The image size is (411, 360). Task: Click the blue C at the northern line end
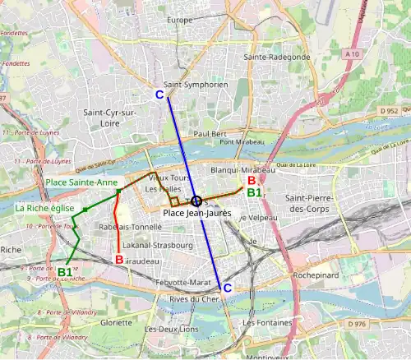[x=159, y=95]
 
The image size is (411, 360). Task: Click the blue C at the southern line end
[x=228, y=287]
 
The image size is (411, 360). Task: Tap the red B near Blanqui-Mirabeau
[x=251, y=181]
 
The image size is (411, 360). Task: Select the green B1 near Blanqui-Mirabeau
[x=254, y=192]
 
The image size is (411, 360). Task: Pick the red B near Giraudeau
[x=119, y=260]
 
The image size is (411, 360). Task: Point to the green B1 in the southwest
[x=65, y=271]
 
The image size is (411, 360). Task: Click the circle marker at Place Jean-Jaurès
[x=196, y=201]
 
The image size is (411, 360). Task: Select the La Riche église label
[x=44, y=209]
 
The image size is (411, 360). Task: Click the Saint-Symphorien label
[x=196, y=85]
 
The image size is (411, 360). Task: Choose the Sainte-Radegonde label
[x=276, y=57]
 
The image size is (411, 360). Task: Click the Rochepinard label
[x=316, y=276]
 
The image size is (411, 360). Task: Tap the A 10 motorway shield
[x=353, y=53]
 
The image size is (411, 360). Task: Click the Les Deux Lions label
[x=171, y=329]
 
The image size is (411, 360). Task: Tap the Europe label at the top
[x=179, y=20]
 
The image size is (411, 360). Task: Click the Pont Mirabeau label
[x=239, y=142]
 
